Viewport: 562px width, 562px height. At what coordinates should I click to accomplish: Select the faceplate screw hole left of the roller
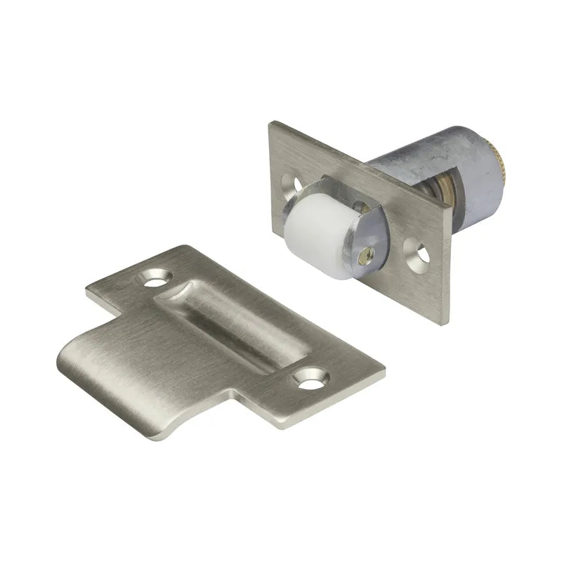(292, 184)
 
